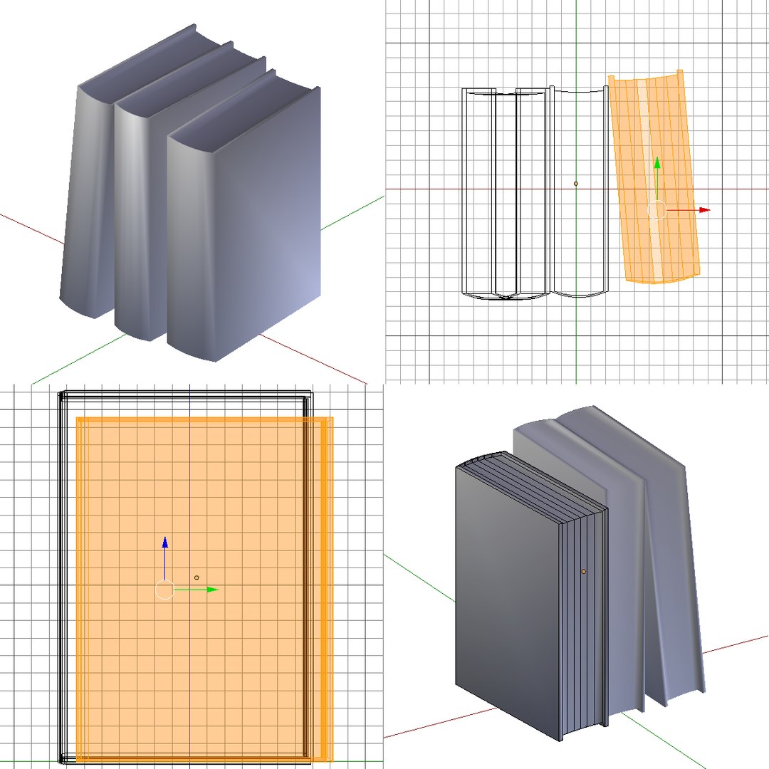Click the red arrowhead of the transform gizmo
[705, 210]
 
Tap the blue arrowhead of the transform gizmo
[164, 543]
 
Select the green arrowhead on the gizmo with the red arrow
[656, 163]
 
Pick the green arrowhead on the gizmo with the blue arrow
[212, 590]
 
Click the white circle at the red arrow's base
[656, 210]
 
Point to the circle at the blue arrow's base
[164, 590]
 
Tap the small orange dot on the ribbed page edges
[583, 571]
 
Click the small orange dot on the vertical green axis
[576, 184]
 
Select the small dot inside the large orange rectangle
[197, 577]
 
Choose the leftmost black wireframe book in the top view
[479, 192]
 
